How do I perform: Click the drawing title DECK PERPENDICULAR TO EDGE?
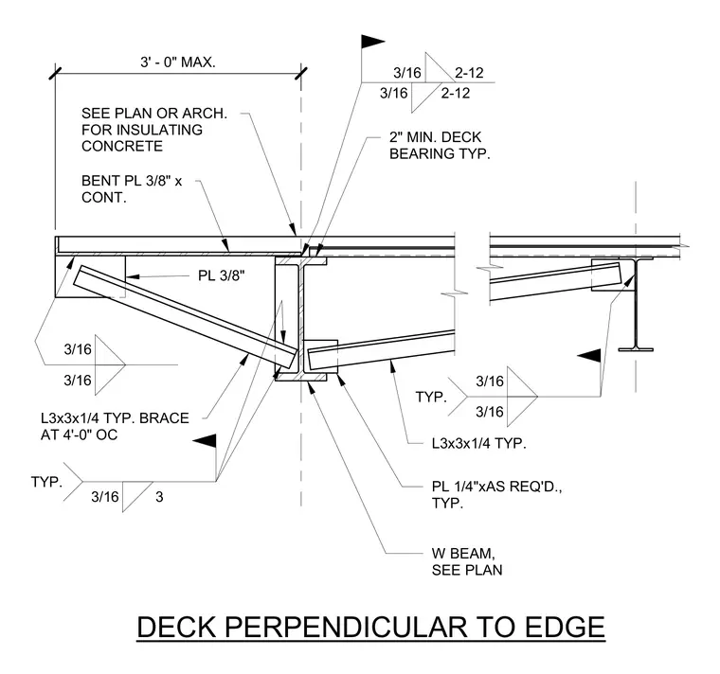pos(370,627)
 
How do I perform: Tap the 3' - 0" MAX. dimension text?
pos(178,62)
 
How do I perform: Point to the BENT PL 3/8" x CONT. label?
pos(132,189)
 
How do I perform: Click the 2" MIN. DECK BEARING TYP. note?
pos(440,146)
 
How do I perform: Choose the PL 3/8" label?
pos(222,275)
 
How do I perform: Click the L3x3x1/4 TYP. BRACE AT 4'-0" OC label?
pos(115,426)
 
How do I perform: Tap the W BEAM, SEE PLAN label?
pos(467,561)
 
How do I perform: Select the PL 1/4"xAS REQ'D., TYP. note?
pos(496,494)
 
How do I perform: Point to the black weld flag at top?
pos(372,42)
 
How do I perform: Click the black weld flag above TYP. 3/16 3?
pos(205,440)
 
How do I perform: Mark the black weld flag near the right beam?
pos(589,356)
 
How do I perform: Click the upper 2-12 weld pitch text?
pos(469,73)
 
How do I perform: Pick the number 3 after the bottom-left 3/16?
pos(159,497)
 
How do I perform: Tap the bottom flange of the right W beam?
pos(636,349)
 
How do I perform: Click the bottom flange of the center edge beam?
pos(300,377)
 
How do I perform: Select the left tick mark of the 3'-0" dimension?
pos(56,73)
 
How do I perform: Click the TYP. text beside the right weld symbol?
pos(431,397)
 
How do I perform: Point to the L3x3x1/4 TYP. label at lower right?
pos(478,443)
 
